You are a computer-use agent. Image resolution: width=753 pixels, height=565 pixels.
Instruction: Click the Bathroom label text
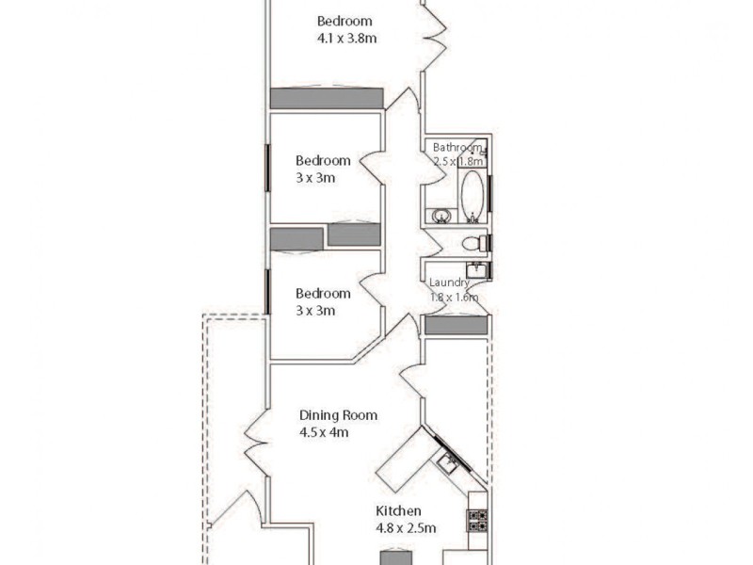click(458, 147)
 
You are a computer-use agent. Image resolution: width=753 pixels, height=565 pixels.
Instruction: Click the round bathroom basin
click(440, 216)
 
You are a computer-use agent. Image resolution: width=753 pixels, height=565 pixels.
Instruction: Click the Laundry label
click(449, 282)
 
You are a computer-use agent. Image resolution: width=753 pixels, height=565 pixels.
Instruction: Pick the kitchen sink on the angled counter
click(448, 463)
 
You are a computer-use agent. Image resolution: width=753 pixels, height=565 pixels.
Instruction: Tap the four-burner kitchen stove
click(477, 520)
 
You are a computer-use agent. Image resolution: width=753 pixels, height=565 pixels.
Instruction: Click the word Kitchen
click(398, 511)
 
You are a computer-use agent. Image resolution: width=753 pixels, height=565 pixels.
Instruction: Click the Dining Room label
click(338, 415)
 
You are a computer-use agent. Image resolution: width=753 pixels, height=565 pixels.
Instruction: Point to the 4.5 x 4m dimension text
click(324, 433)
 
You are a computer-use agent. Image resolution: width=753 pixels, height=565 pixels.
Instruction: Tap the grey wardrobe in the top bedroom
click(327, 98)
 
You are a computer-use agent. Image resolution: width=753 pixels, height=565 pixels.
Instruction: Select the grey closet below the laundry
click(456, 326)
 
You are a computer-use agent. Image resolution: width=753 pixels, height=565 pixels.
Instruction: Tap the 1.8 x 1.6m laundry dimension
click(454, 298)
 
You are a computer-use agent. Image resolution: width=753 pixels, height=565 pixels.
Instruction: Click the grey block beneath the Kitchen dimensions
click(396, 556)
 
